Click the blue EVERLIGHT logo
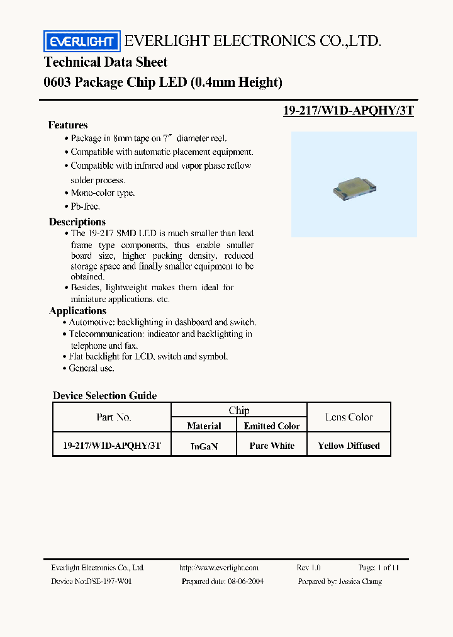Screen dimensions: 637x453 pyautogui.click(x=81, y=42)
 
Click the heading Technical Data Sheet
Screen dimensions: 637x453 pyautogui.click(x=106, y=62)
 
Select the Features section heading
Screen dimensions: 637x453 pyautogui.click(x=68, y=125)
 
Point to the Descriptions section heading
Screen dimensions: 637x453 pyautogui.click(x=77, y=222)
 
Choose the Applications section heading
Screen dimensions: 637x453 pyautogui.click(x=77, y=310)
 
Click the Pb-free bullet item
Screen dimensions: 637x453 pyautogui.click(x=85, y=206)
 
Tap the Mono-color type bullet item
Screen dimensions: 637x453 pyautogui.click(x=103, y=193)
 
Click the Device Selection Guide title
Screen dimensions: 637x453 pyautogui.click(x=104, y=395)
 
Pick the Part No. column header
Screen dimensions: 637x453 pyautogui.click(x=114, y=417)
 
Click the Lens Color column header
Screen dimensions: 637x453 pyautogui.click(x=349, y=417)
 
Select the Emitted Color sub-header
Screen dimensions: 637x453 pyautogui.click(x=272, y=426)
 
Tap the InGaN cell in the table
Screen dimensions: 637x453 pyautogui.click(x=204, y=446)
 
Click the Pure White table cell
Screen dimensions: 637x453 pyautogui.click(x=272, y=446)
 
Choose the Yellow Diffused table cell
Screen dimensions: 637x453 pyautogui.click(x=349, y=446)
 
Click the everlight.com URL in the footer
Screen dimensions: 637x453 pyautogui.click(x=219, y=567)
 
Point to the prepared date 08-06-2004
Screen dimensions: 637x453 pyautogui.click(x=242, y=581)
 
